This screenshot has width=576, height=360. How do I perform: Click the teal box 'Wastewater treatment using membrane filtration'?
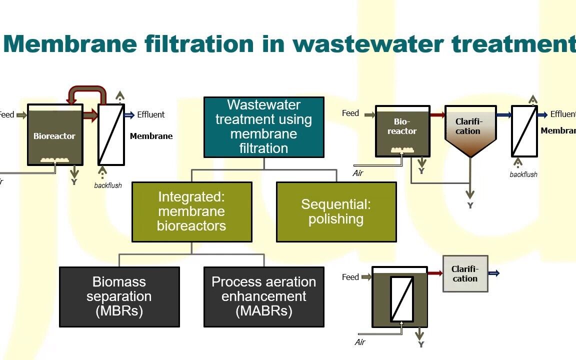(263, 127)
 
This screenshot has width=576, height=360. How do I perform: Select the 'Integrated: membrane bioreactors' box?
(191, 211)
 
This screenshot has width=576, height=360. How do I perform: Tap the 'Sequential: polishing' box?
(336, 211)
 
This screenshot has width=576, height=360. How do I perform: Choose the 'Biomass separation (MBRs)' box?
(119, 296)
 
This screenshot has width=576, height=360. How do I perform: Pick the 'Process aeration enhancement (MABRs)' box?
(263, 296)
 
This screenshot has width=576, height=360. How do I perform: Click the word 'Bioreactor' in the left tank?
(54, 136)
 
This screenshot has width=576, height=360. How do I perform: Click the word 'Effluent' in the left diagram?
(150, 114)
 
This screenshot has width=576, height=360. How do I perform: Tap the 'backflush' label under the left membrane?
(108, 185)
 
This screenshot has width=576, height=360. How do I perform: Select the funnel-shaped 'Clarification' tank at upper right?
(470, 128)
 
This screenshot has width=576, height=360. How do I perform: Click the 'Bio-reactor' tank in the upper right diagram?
(402, 128)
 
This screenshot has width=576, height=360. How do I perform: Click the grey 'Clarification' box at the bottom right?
(465, 274)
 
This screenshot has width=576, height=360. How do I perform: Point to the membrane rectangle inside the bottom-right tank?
(401, 299)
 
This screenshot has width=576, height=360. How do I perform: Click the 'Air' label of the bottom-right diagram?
(360, 342)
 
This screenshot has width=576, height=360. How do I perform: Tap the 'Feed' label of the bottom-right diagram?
(350, 277)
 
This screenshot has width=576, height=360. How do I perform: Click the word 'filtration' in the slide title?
(201, 44)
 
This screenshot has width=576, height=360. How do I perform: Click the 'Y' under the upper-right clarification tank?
(470, 205)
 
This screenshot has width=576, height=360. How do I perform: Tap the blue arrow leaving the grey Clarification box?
(493, 273)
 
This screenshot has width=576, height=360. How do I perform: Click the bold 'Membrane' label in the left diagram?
(151, 136)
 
